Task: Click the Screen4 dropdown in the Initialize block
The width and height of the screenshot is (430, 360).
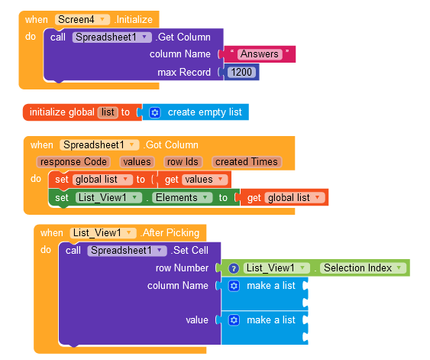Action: click(x=82, y=19)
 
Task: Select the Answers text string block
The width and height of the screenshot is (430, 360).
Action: click(x=260, y=54)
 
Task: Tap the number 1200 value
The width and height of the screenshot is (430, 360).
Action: click(x=241, y=72)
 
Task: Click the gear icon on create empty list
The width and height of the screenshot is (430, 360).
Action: click(x=155, y=112)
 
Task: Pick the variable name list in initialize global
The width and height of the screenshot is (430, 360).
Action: click(x=108, y=112)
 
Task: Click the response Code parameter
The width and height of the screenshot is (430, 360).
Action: click(x=73, y=162)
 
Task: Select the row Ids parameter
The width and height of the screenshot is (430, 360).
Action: click(x=183, y=162)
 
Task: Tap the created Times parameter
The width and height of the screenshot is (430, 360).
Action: click(x=247, y=162)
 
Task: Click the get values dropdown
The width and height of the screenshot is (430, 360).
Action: click(x=204, y=180)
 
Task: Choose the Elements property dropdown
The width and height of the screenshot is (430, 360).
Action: click(x=182, y=197)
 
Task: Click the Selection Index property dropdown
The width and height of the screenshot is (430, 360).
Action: click(x=363, y=268)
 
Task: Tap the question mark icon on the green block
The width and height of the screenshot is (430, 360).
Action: click(x=234, y=268)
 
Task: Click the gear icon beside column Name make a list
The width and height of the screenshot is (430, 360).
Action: click(x=234, y=286)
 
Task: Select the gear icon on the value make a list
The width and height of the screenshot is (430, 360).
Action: click(x=234, y=320)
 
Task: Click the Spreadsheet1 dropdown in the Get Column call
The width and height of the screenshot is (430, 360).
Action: click(x=112, y=37)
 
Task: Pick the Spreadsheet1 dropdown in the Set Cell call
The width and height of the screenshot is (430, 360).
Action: click(x=127, y=251)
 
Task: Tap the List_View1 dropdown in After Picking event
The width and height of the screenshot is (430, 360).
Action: click(x=103, y=233)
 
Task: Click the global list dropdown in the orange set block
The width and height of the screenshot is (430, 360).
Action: click(x=102, y=180)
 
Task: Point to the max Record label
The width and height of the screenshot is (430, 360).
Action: click(x=184, y=72)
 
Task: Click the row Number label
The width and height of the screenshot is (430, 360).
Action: click(x=182, y=268)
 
